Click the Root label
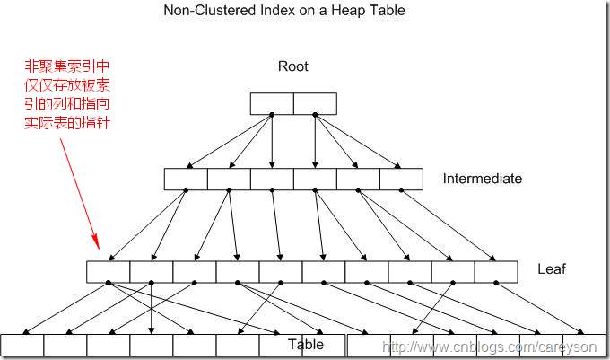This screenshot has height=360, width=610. [x=293, y=66]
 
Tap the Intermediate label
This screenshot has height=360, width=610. [x=483, y=179]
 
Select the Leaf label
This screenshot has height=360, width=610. [x=552, y=269]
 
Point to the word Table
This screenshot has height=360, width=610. [x=306, y=345]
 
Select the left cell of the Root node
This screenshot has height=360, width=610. [x=272, y=103]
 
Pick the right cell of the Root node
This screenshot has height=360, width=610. [x=315, y=103]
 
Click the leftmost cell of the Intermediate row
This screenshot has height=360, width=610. [x=186, y=179]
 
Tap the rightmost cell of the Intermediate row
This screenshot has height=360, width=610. [x=402, y=179]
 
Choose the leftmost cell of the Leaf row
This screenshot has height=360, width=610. [x=109, y=272]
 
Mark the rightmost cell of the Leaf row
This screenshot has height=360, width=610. [x=496, y=272]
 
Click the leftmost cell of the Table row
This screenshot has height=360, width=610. [x=22, y=345]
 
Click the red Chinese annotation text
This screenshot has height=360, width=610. [x=67, y=94]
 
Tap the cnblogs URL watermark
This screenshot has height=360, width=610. [x=490, y=347]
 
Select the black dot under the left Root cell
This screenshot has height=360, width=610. [x=272, y=115]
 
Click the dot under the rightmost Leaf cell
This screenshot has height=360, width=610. [x=496, y=283]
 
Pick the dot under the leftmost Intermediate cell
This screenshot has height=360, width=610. [x=186, y=190]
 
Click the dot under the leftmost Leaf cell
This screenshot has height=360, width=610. [x=109, y=283]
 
